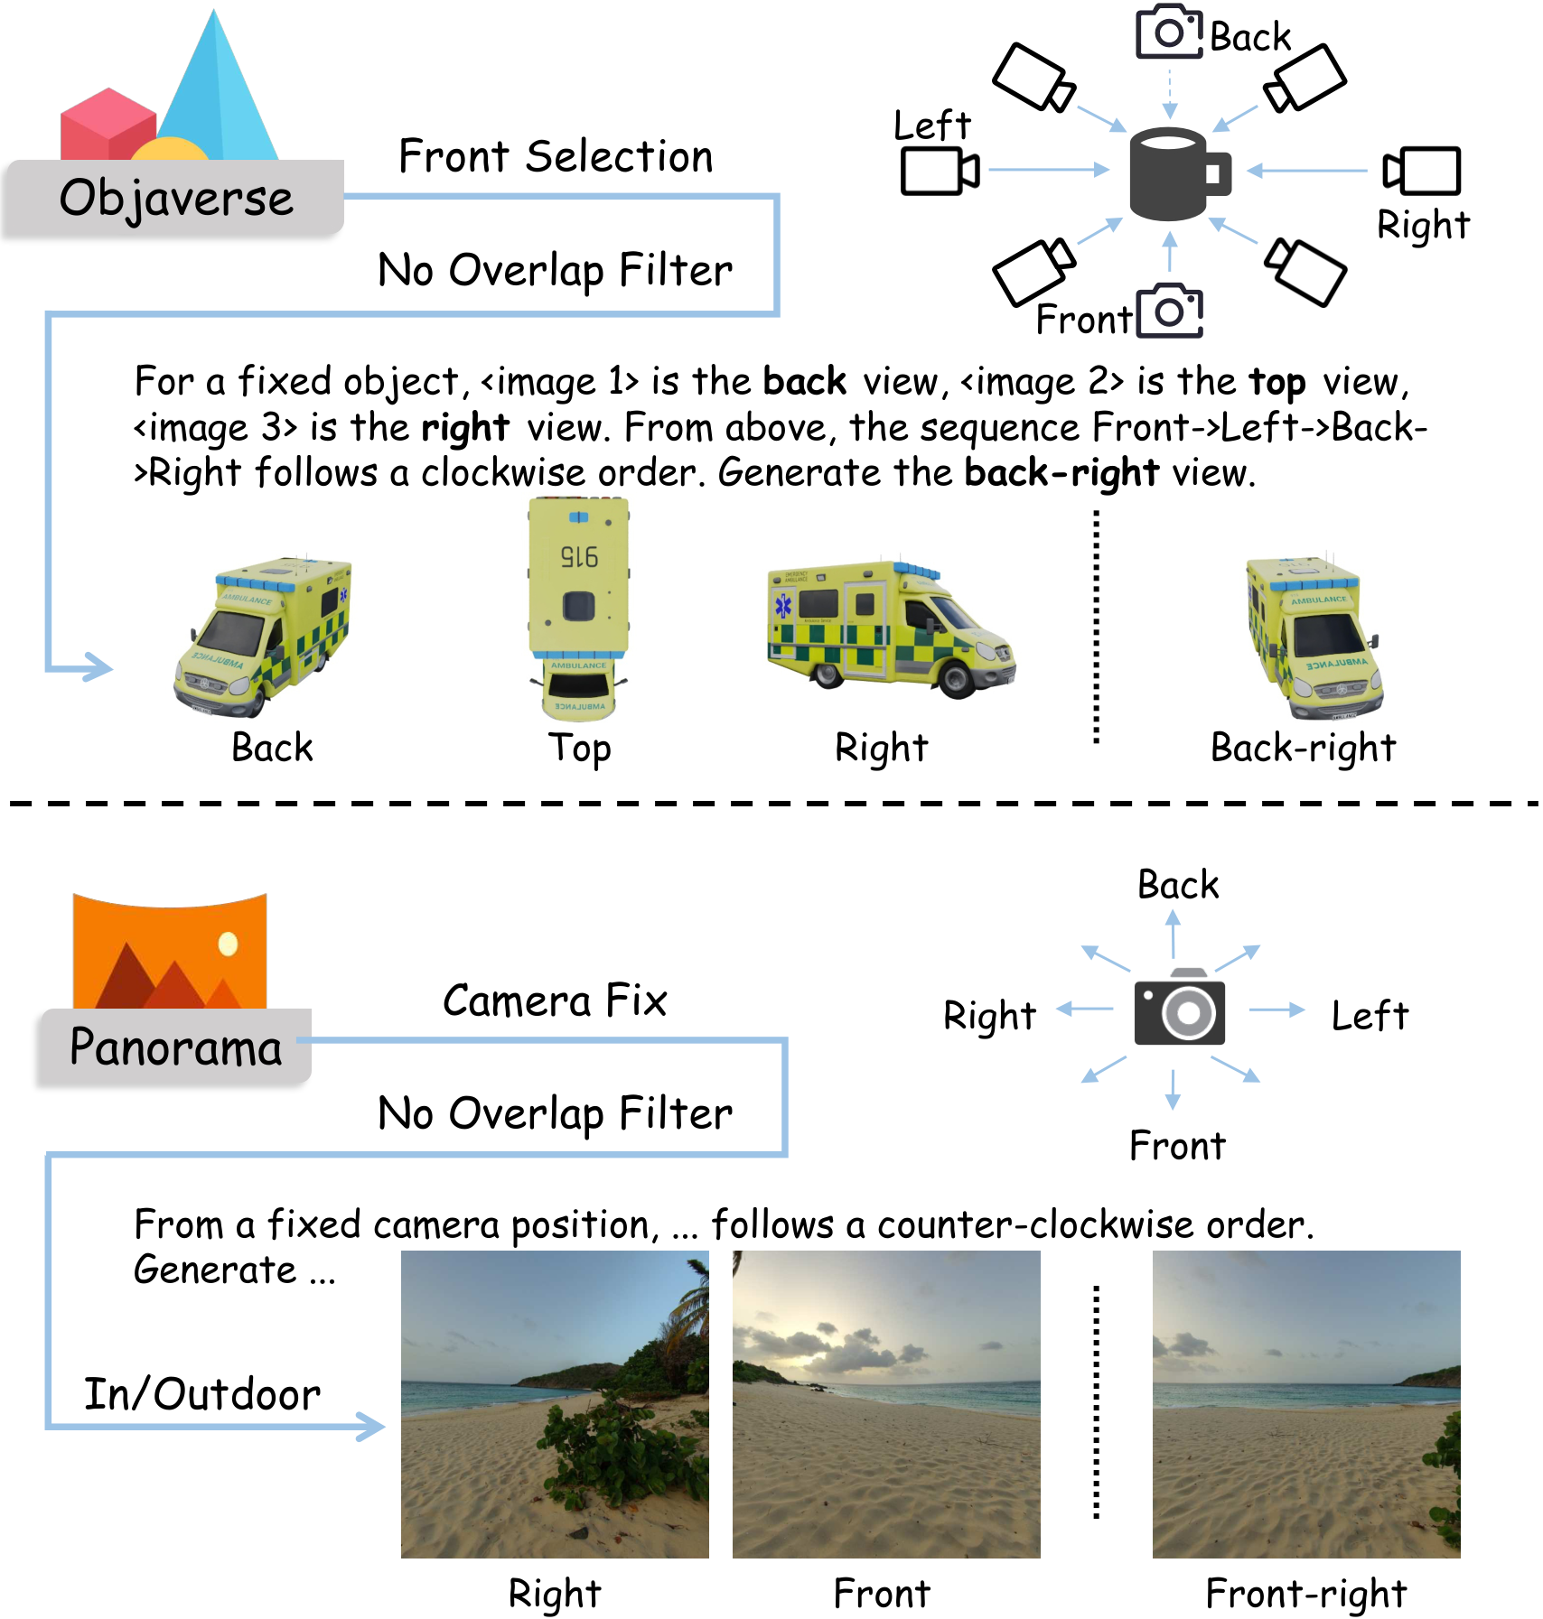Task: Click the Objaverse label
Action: (x=175, y=198)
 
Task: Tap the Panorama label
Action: (x=175, y=1047)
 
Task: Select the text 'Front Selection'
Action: (x=556, y=156)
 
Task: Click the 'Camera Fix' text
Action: (x=555, y=1000)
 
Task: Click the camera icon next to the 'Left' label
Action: (x=940, y=170)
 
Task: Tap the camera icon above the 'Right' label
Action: (x=1422, y=171)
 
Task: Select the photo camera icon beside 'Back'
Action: (x=1169, y=33)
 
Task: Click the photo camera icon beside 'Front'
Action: (x=1169, y=312)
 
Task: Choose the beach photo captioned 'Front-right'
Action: (x=1305, y=1403)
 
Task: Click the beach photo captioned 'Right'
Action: (x=555, y=1403)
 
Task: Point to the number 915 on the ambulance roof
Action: (x=579, y=556)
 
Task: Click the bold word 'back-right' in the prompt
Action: (x=1061, y=472)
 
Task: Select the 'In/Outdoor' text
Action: (x=202, y=1394)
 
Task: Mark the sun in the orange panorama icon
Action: (x=228, y=944)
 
